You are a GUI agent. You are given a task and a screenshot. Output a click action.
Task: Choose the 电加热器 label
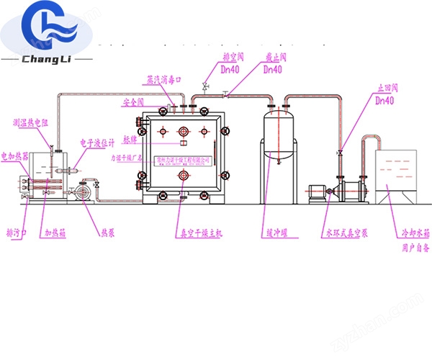(15, 154)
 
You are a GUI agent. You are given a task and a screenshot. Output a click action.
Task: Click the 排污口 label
(17, 233)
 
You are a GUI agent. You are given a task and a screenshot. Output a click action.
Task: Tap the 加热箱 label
(56, 233)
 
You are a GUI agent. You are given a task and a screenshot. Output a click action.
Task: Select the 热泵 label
(107, 233)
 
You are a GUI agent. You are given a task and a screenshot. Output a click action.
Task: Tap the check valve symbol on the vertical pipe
(338, 154)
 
